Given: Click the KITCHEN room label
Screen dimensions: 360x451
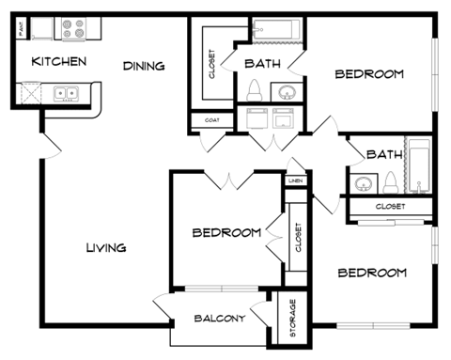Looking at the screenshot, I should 59,62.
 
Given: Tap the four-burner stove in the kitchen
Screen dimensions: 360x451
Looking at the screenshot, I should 72,30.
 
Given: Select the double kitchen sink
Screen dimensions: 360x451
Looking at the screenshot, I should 65,93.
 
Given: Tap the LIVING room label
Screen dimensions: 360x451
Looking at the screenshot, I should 106,247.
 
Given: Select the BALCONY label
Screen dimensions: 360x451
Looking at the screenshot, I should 220,318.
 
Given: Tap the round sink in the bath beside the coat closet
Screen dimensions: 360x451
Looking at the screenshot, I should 286,92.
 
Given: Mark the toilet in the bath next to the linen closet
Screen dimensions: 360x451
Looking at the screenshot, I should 388,181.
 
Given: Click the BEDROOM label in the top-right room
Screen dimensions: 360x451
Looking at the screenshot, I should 370,73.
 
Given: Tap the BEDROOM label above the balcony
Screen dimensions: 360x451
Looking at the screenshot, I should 226,232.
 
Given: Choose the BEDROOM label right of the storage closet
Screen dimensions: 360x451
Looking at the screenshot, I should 372,273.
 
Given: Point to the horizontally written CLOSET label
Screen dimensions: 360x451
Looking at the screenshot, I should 390,206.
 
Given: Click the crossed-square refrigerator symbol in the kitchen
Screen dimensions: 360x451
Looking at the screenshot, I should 30,93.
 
